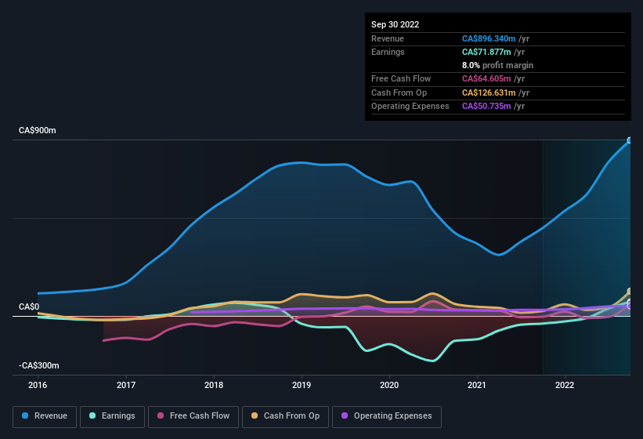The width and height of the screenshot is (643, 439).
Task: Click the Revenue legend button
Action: point(45,416)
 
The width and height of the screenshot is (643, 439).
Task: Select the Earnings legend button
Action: point(113,416)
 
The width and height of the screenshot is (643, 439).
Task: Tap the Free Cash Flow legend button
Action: point(193,416)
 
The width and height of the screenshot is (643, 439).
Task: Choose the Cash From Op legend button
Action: point(285,416)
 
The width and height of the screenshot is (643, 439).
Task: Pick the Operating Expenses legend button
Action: point(387,416)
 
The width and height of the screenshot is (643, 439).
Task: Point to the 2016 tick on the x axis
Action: point(38,385)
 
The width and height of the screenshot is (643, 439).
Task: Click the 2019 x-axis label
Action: point(302,385)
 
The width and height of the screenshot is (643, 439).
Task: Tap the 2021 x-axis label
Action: point(477,385)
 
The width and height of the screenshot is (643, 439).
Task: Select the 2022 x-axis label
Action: point(565,385)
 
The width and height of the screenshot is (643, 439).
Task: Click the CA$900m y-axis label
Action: point(38,131)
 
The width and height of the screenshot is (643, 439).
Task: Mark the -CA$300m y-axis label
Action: point(39,366)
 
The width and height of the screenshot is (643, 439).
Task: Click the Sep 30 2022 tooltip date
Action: point(396,24)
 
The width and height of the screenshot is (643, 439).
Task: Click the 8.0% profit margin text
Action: point(497,65)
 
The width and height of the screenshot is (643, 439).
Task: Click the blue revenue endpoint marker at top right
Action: point(629,141)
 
